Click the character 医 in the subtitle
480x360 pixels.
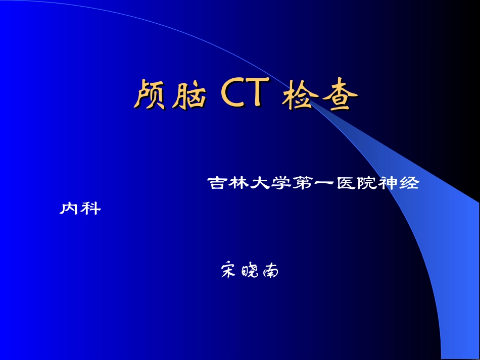345,183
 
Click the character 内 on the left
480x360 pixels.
69,208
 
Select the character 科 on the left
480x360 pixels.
90,208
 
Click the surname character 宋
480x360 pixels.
229,271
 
